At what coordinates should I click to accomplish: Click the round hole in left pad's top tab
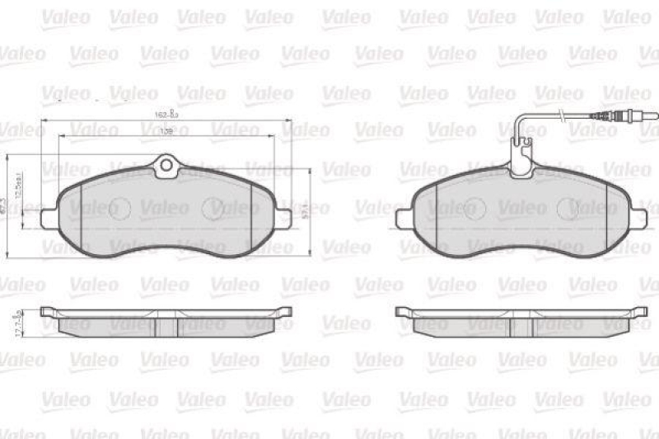coord(166,166)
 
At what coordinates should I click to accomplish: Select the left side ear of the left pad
coord(49,217)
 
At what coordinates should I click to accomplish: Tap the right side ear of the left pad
coord(283,217)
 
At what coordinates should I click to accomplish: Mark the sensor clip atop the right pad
coord(520,162)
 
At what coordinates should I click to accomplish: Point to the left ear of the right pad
coord(404,218)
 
